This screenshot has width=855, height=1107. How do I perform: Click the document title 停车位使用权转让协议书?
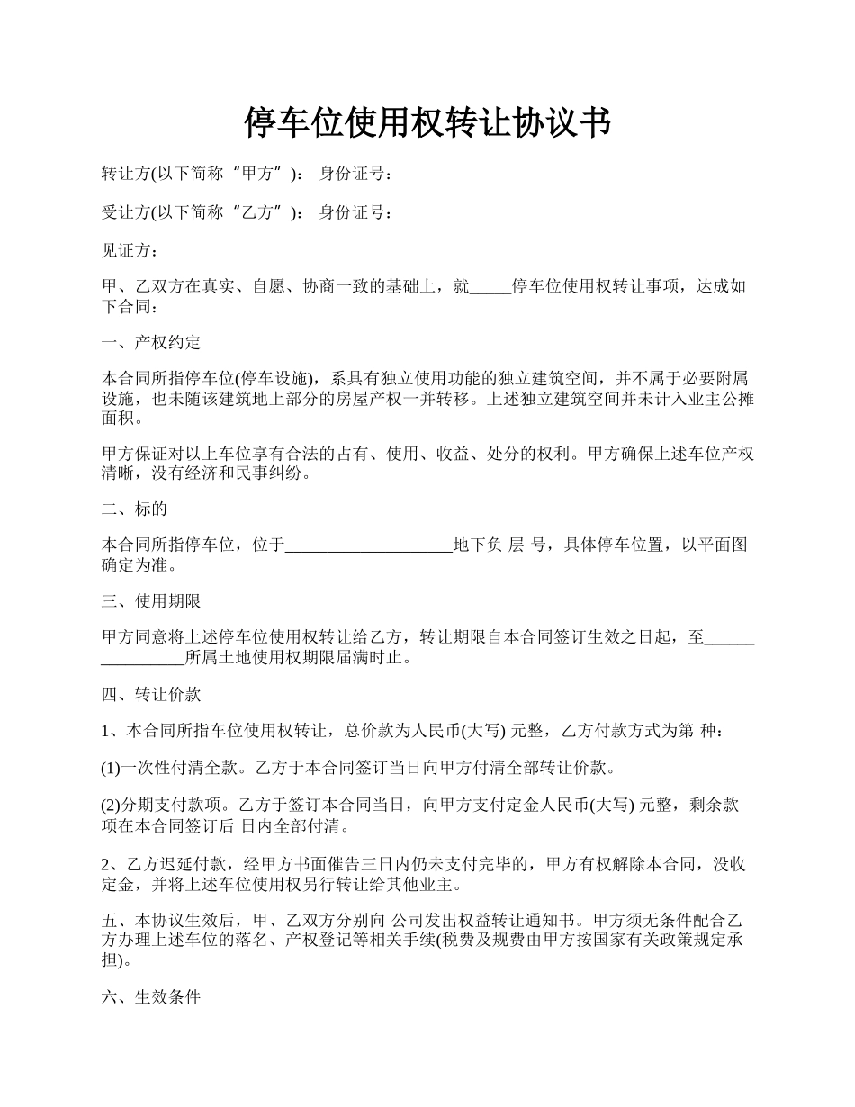(427, 122)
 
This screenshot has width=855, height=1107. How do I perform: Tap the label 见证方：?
(130, 251)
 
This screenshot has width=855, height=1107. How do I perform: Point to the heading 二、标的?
(134, 508)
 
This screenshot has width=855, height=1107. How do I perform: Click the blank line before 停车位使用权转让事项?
(490, 290)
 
